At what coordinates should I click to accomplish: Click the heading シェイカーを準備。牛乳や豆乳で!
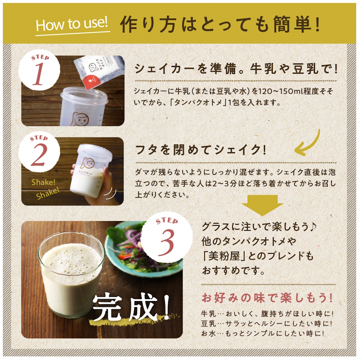(x=235, y=68)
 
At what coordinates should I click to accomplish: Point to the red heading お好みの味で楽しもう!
(x=267, y=298)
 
